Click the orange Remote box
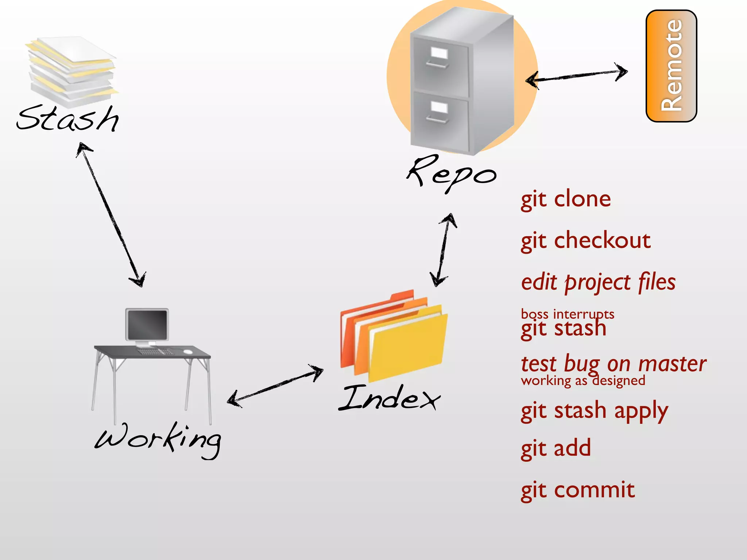click(x=671, y=66)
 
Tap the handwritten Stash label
click(x=68, y=118)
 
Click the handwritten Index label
click(x=390, y=398)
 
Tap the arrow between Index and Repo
click(x=444, y=250)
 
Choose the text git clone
click(x=566, y=199)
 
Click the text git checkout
click(x=585, y=241)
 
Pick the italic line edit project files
click(x=598, y=283)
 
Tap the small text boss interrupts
click(x=568, y=314)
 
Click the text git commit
click(x=578, y=490)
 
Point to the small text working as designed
click(x=583, y=381)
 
